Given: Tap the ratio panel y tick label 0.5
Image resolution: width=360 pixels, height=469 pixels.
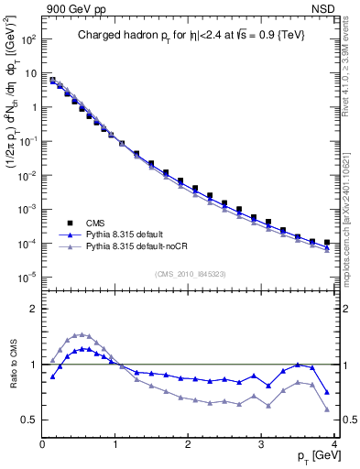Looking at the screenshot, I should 29,420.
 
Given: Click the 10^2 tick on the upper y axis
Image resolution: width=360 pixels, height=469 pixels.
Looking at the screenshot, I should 28,39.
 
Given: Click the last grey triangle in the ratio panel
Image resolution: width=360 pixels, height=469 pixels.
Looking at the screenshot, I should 327,409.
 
